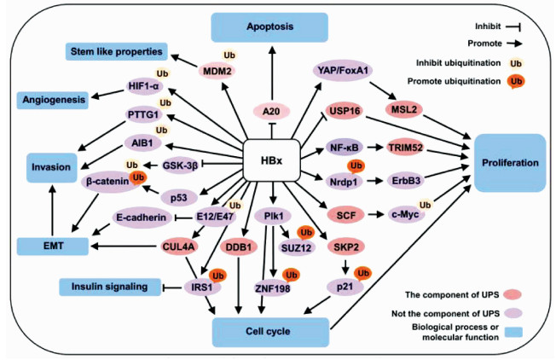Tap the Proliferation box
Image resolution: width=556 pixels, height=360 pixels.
click(509, 162)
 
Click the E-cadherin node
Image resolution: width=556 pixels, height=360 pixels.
click(141, 218)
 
